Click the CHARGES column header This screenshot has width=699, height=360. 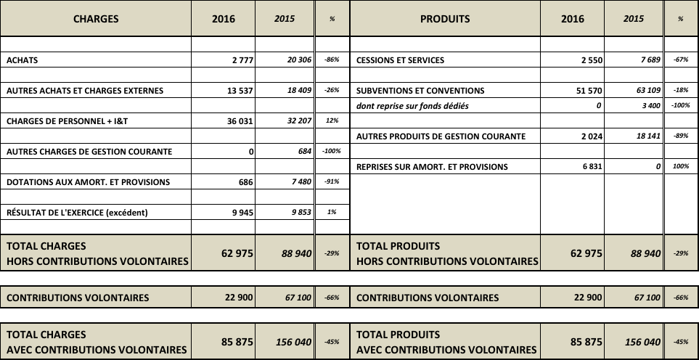96,19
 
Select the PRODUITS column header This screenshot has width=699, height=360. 445,19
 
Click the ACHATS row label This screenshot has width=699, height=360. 22,61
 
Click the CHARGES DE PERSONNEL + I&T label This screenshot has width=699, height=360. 67,122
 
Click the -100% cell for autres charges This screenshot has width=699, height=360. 331,152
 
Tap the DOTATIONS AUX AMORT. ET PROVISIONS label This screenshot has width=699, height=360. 88,182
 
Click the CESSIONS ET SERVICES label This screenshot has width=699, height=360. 401,61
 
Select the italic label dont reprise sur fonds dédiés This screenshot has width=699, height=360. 413,106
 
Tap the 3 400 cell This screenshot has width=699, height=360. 647,106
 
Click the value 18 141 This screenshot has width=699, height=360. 645,136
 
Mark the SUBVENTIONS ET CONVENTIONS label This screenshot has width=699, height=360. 420,91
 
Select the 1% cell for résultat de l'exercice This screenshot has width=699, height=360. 332,213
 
